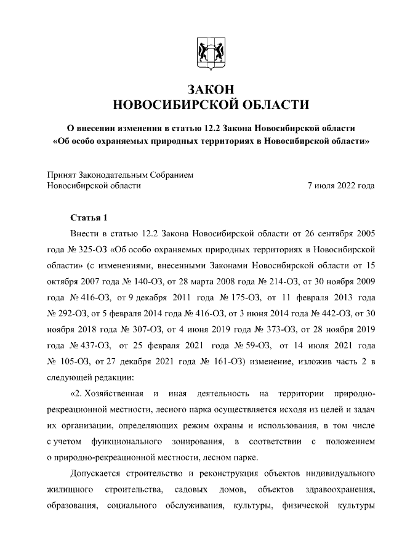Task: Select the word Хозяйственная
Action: [115, 393]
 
